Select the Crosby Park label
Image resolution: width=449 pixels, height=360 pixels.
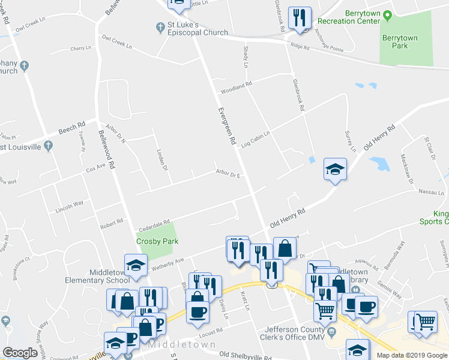pyautogui.click(x=157, y=241)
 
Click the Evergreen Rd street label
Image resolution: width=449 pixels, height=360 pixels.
pyautogui.click(x=226, y=125)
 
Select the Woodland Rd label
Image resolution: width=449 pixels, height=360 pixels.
pyautogui.click(x=236, y=88)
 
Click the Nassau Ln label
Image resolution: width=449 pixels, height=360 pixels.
pyautogui.click(x=430, y=194)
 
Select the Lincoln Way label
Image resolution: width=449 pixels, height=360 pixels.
pyautogui.click(x=69, y=206)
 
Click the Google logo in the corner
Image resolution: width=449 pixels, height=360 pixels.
pyautogui.click(x=20, y=353)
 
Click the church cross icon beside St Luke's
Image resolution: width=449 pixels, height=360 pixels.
pyautogui.click(x=160, y=27)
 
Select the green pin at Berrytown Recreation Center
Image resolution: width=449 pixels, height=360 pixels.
pyautogui.click(x=388, y=14)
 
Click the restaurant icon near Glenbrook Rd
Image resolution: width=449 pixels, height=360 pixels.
pyautogui.click(x=300, y=17)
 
